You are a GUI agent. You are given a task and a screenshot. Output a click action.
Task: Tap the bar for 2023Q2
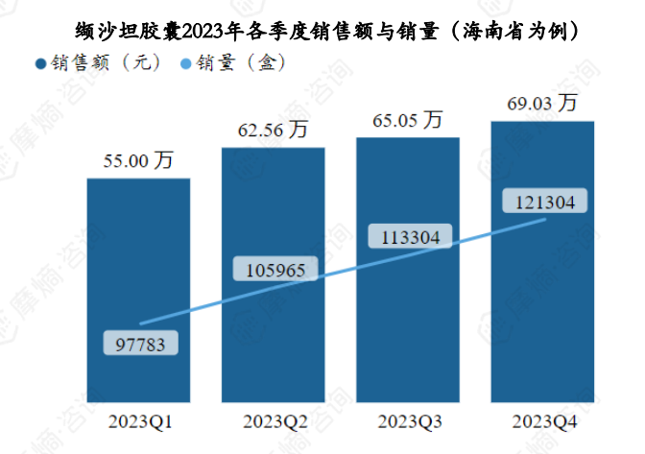pos(273,211)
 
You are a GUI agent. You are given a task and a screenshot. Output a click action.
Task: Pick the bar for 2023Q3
pos(408,192)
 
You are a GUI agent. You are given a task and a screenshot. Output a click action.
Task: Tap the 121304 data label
pos(543,203)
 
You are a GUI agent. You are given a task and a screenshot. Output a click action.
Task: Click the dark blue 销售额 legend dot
pos(39,64)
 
